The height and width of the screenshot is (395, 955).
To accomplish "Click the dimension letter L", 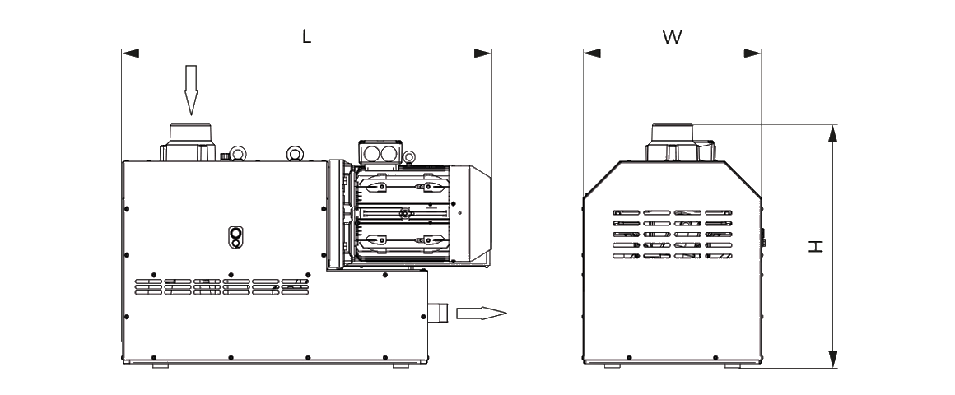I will (306, 37).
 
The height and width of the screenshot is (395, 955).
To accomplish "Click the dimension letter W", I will (672, 37).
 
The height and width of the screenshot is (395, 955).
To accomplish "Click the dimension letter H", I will (815, 246).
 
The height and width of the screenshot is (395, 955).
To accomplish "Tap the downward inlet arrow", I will (191, 90).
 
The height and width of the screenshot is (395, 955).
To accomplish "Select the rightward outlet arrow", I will (481, 313).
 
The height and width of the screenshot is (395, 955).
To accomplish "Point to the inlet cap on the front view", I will (673, 142).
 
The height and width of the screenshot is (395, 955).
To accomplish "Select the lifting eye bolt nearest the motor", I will (294, 153).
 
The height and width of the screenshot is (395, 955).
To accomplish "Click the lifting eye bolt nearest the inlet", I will (236, 153).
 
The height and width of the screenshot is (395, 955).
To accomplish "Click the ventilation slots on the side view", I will (221, 286).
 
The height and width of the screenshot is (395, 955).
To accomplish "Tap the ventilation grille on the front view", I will (672, 234).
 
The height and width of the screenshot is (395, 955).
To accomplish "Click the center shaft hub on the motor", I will (403, 214).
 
